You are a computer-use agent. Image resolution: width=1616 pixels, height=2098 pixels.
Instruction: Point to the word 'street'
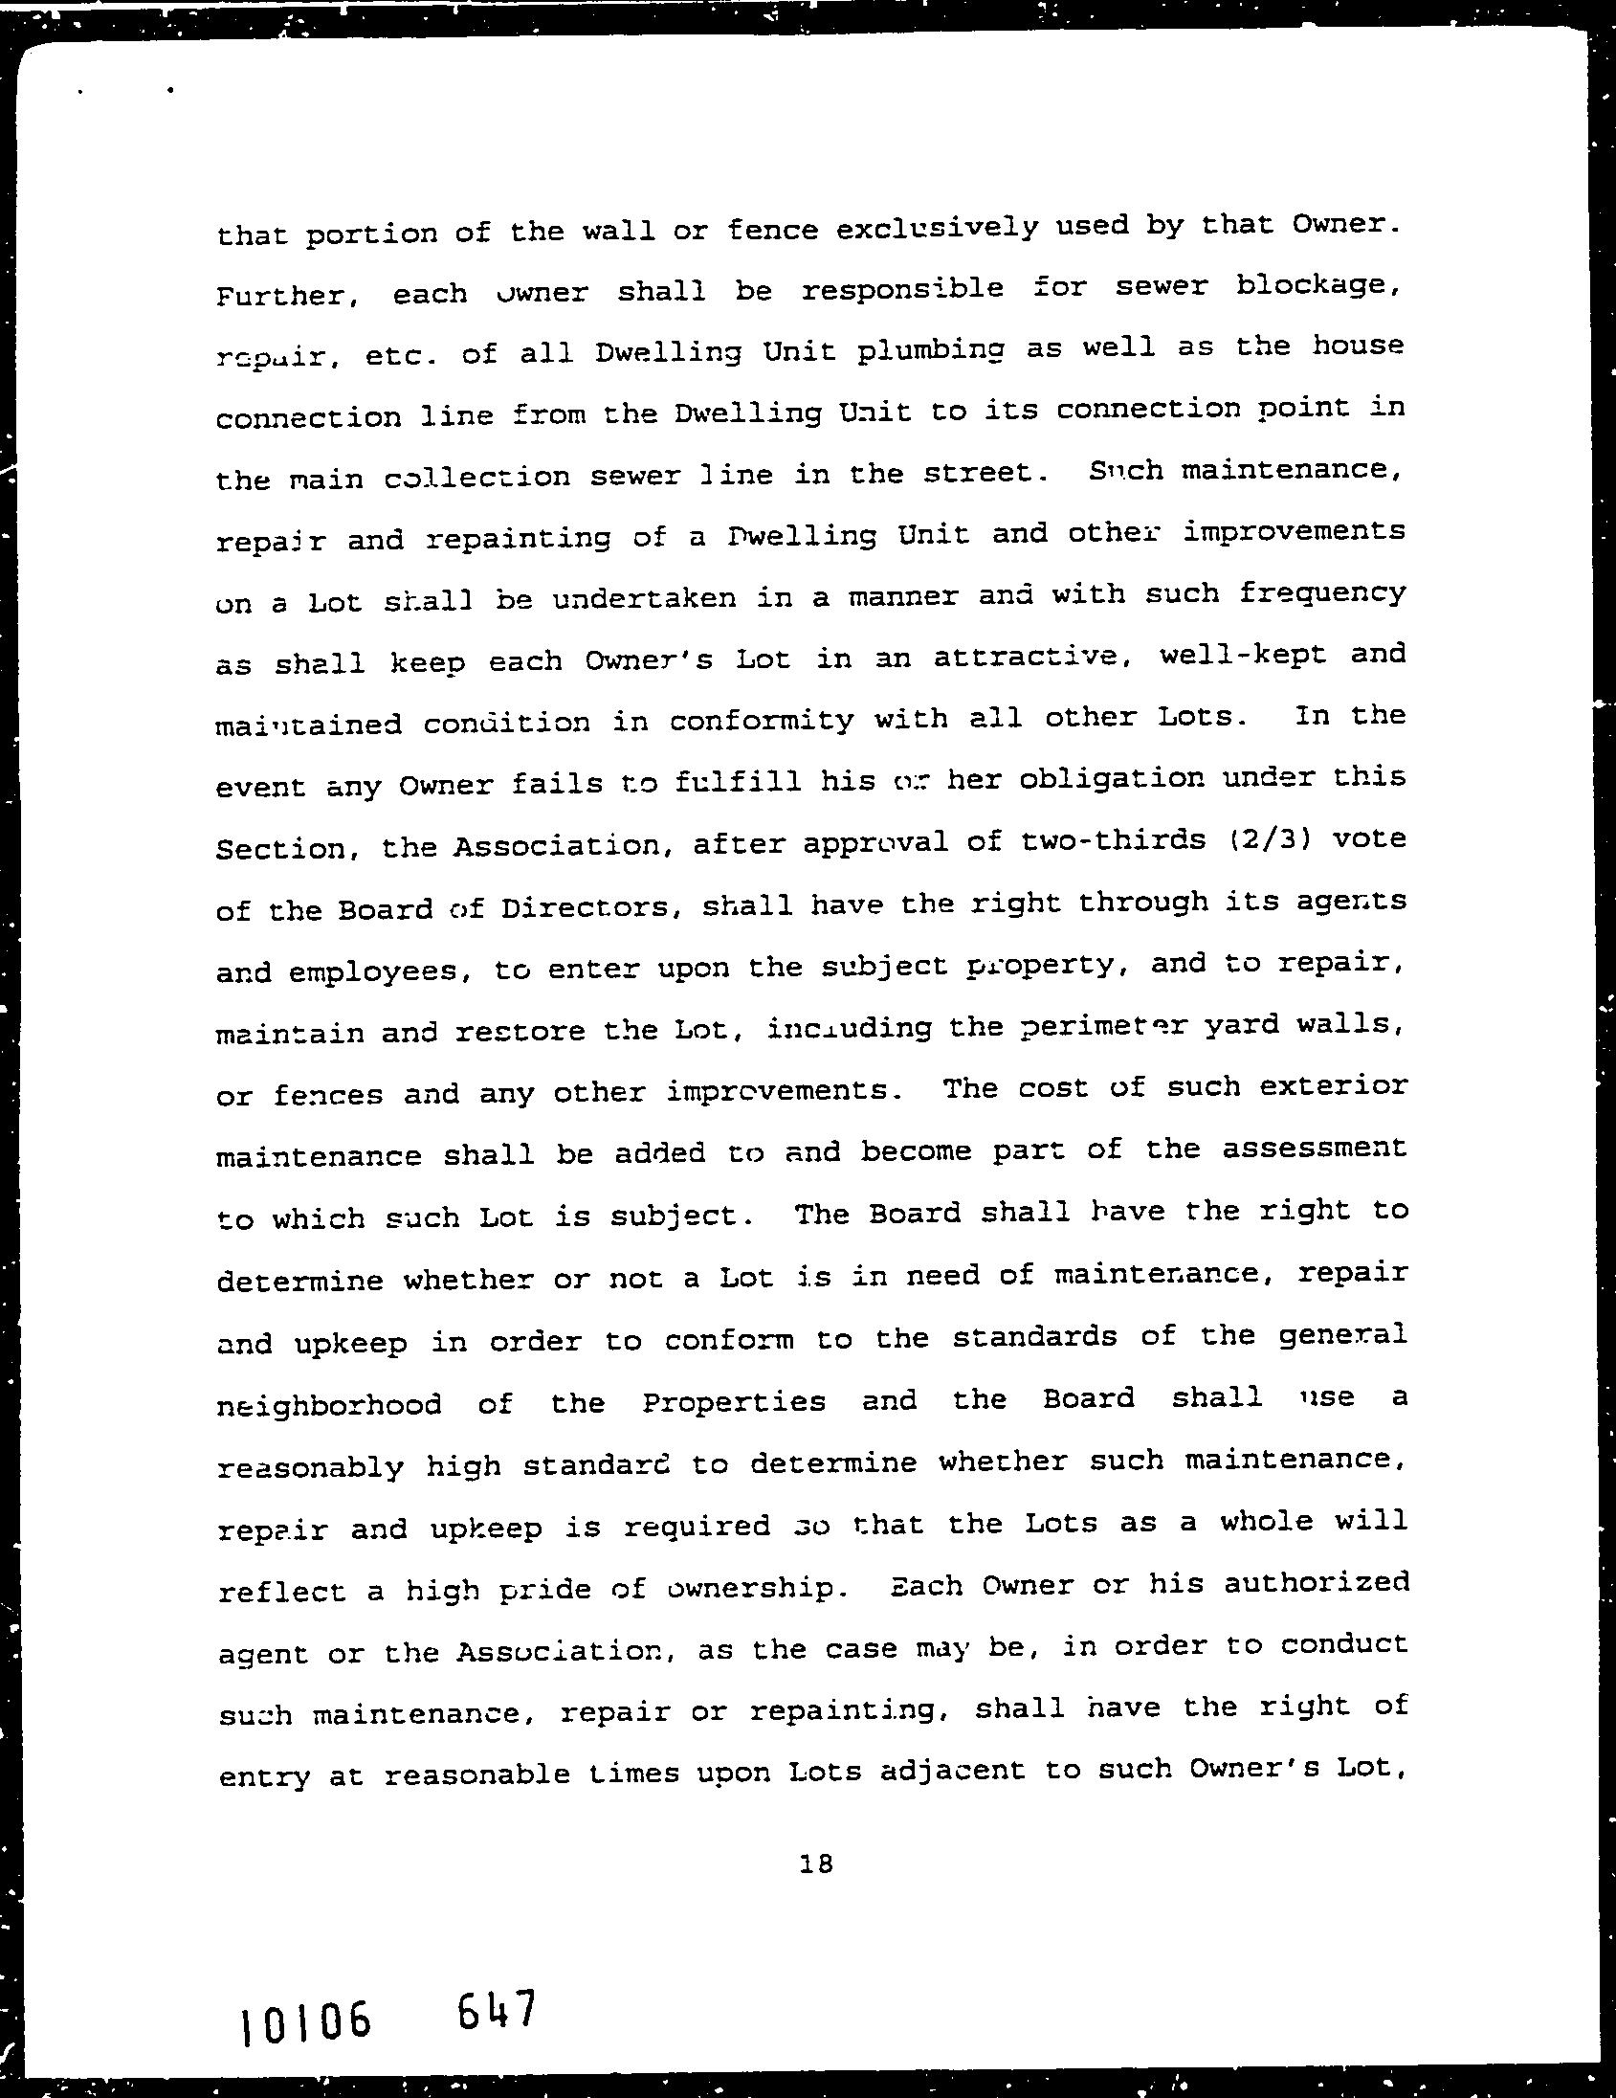977,473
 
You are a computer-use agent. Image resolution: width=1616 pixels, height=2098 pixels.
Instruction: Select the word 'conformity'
762,721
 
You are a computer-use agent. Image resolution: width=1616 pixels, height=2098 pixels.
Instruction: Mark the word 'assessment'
1315,1149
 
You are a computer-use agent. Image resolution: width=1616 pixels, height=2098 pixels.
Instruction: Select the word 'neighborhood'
329,1405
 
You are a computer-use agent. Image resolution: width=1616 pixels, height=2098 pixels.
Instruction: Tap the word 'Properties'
734,1402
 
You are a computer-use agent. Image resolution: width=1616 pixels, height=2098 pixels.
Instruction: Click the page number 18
815,1864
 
